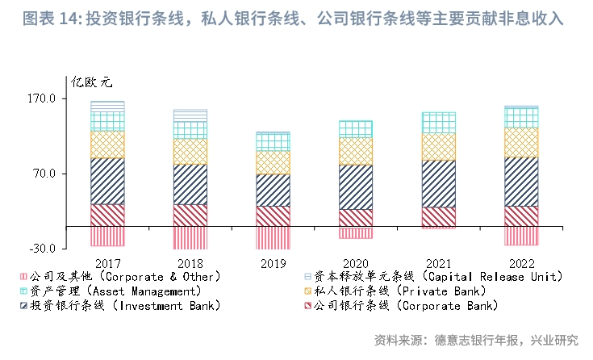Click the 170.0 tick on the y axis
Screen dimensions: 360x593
point(41,98)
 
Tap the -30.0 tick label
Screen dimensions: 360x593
point(41,249)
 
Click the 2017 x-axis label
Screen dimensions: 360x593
point(107,263)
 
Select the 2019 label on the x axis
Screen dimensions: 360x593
point(273,263)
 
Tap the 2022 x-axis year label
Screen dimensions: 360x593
point(521,263)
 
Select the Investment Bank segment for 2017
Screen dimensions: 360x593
point(107,181)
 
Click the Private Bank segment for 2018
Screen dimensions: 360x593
point(190,152)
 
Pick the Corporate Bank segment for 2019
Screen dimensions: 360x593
point(273,216)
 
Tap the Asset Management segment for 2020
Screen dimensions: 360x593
point(356,129)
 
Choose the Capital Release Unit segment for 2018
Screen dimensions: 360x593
point(190,115)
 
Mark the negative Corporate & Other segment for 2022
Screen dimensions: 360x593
point(521,235)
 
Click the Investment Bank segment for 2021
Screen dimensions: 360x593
point(438,183)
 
